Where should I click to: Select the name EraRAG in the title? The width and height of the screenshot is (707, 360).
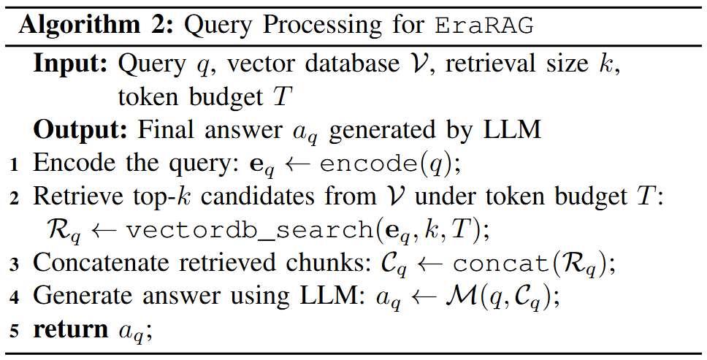(x=484, y=25)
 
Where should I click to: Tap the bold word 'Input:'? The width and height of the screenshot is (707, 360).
(x=71, y=64)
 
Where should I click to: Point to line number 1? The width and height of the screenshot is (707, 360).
(x=15, y=165)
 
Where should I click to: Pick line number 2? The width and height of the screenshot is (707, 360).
(x=15, y=198)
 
